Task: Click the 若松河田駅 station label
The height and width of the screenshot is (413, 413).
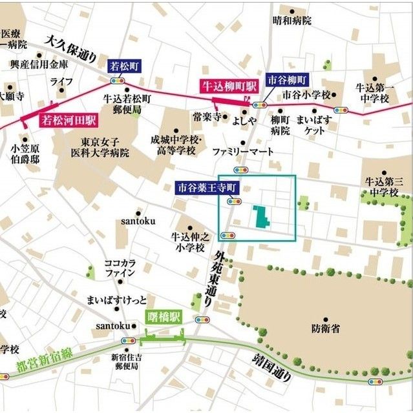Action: (69, 120)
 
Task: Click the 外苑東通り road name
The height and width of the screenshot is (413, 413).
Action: (211, 277)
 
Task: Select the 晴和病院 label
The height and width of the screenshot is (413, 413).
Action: (291, 21)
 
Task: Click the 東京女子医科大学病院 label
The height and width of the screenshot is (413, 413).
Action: (105, 148)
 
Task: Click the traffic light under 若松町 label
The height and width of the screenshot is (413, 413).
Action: (118, 81)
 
